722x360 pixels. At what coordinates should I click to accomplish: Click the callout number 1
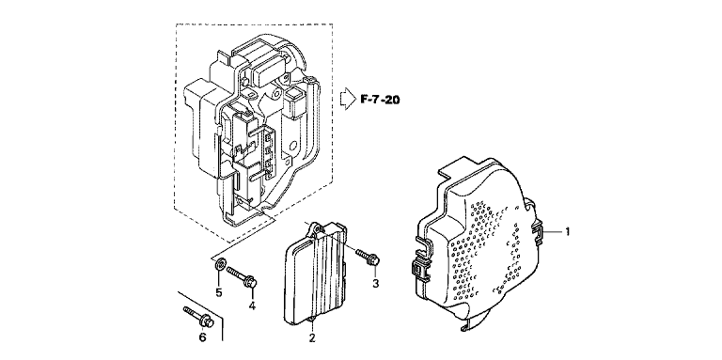(567, 231)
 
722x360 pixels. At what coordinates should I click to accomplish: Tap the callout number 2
(312, 338)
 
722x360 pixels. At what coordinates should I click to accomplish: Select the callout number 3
(376, 284)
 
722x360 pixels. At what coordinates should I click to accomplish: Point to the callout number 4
(252, 305)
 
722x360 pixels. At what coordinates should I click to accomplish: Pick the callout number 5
(219, 292)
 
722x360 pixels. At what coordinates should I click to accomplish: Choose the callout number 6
(202, 337)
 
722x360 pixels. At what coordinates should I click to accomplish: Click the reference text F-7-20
(380, 100)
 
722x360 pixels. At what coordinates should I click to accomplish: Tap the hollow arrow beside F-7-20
(348, 99)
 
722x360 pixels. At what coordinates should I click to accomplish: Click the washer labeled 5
(220, 264)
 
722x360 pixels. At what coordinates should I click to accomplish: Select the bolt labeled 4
(242, 276)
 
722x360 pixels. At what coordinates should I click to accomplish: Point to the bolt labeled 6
(198, 317)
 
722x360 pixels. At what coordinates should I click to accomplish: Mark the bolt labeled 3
(367, 257)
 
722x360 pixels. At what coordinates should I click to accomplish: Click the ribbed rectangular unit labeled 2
(316, 274)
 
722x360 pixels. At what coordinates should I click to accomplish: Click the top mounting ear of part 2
(315, 227)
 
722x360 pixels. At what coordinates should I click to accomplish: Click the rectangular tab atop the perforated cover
(457, 169)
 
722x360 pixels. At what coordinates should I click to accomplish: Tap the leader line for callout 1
(553, 231)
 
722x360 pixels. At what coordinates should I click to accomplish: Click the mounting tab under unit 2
(312, 320)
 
